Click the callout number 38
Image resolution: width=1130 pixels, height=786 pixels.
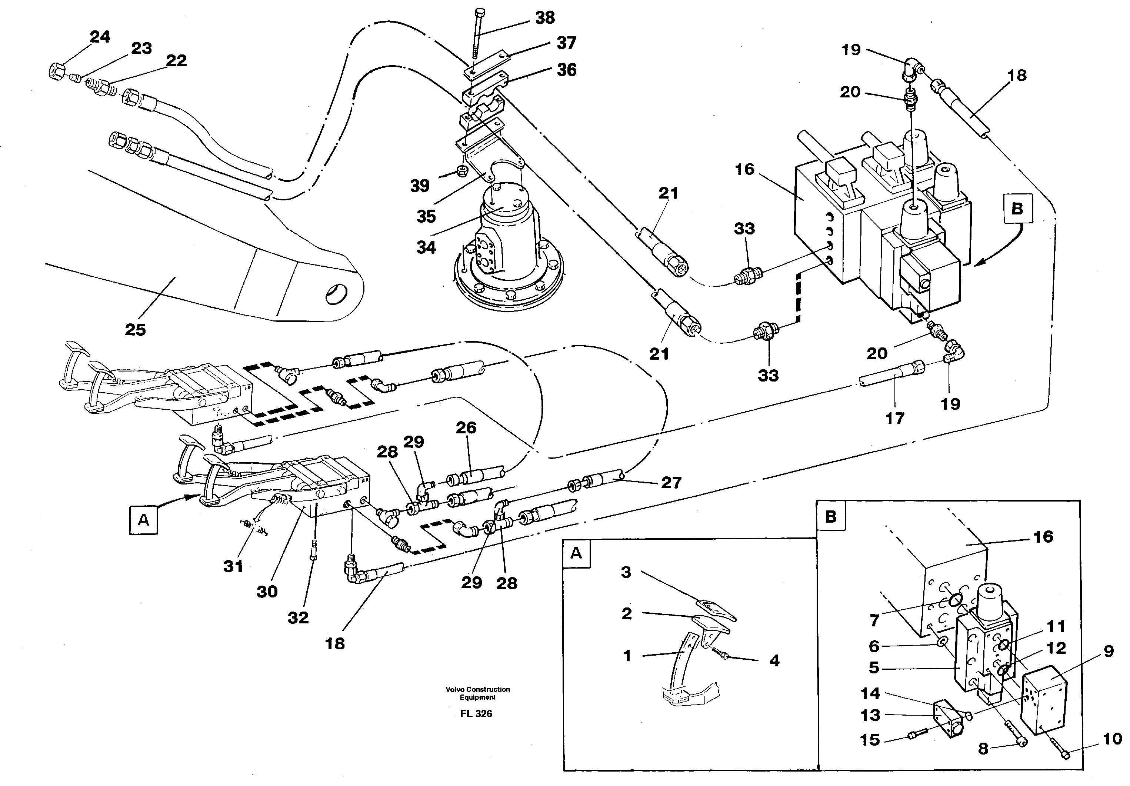pos(545,18)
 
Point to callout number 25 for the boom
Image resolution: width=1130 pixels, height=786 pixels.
pos(135,329)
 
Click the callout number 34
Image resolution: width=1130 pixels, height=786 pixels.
pos(426,247)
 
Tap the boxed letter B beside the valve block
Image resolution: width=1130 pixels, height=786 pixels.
pos(1017,209)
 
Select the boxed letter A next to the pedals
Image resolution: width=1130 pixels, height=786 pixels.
pos(143,520)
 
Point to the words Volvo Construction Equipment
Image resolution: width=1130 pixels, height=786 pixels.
pos(477,693)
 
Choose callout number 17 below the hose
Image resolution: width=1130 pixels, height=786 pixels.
pos(895,418)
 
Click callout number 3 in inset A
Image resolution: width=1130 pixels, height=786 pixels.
pos(626,572)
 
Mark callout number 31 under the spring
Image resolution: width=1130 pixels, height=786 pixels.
pos(233,566)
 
